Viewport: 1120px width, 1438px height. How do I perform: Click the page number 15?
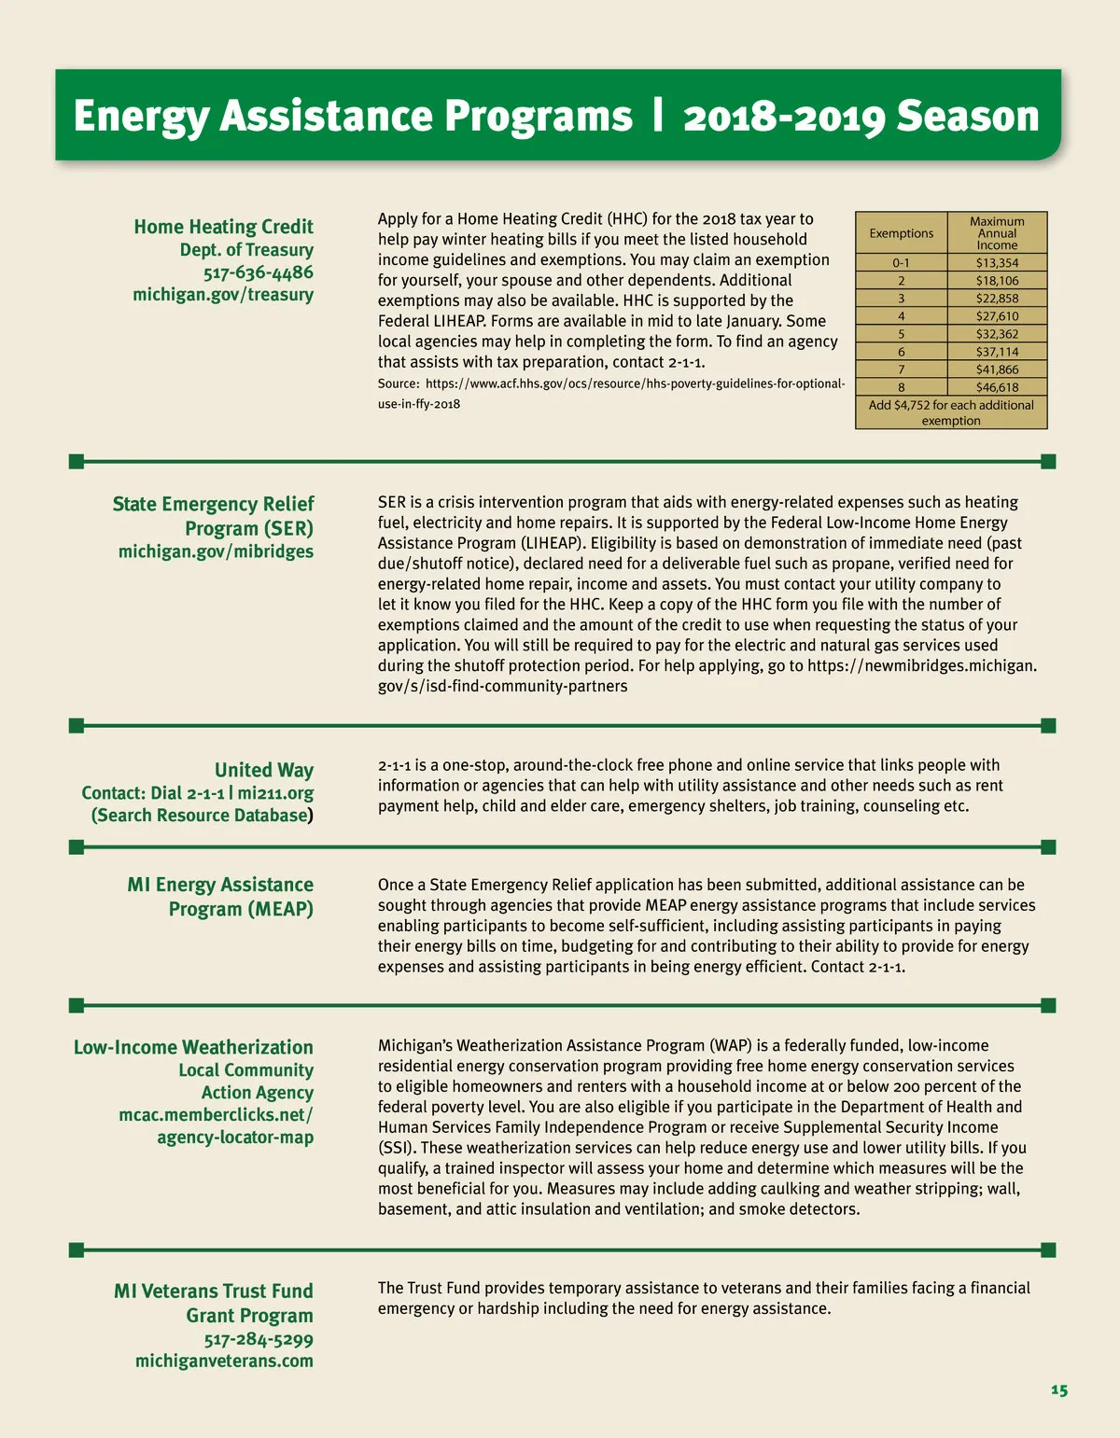pos(1058,1389)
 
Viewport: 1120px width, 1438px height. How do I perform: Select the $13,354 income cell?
pos(997,263)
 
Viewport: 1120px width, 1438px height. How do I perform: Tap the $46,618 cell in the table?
pos(997,387)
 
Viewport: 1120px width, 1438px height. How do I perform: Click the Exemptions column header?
pos(901,233)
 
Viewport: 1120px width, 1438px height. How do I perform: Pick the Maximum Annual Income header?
pos(997,233)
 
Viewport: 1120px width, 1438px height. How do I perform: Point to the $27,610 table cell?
pos(997,316)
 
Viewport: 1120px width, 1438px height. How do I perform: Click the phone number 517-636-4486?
pos(259,272)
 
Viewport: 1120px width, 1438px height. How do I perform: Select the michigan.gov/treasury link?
pos(223,295)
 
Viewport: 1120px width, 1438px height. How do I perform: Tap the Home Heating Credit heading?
pos(223,227)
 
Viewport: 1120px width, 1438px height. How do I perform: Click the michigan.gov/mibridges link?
pos(216,551)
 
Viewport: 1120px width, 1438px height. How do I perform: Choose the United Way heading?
pos(264,770)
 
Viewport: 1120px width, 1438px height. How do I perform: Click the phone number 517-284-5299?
pos(259,1339)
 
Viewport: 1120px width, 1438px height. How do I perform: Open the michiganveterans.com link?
pos(224,1361)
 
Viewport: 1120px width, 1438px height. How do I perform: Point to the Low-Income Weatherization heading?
pos(193,1047)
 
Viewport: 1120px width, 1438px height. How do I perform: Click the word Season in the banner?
pos(967,117)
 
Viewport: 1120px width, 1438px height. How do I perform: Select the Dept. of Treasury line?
pos(246,250)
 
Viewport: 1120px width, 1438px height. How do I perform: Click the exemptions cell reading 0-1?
pos(901,263)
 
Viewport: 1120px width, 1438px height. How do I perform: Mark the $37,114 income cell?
pos(997,352)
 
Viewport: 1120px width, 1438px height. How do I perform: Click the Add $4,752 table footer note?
pos(951,412)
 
